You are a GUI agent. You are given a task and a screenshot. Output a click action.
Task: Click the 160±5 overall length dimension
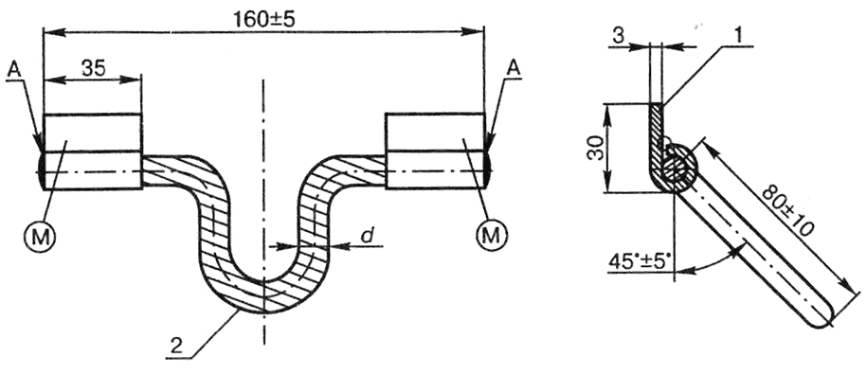(x=263, y=20)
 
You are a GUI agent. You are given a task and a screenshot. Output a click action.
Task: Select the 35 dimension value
(x=94, y=67)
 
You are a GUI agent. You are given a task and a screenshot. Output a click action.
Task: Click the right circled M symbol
(x=493, y=236)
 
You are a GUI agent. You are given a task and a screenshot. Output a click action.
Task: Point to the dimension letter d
(x=366, y=236)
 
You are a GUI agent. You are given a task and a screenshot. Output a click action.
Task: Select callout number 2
(x=177, y=347)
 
